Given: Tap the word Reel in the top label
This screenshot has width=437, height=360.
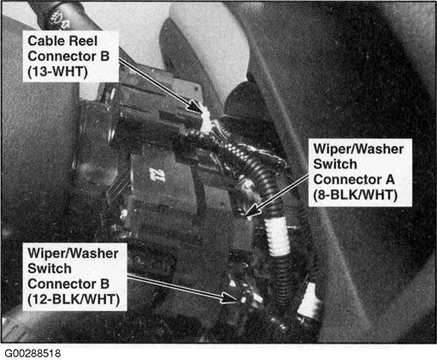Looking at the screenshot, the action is coord(83,40).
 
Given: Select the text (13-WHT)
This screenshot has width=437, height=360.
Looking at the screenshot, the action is coord(57,71).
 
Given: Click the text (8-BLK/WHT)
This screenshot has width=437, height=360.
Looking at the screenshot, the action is coord(356,195).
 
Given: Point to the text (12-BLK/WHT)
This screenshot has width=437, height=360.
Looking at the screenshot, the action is coord(74,299).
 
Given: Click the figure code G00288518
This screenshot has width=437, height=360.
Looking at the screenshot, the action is coord(33,353).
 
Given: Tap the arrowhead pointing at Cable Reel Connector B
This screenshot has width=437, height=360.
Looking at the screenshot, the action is coord(196,106).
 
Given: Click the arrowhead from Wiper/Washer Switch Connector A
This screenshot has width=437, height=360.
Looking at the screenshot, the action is coord(253,210).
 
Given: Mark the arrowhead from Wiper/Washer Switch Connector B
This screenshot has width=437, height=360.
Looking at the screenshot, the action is coord(229,298).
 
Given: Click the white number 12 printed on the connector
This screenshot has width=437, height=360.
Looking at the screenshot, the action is coord(157,175).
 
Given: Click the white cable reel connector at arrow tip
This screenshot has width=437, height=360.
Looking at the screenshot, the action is coord(207,119).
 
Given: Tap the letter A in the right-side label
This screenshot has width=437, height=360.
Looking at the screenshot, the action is coord(390,180).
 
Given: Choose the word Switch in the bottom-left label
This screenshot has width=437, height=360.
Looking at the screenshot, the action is coord(50,268).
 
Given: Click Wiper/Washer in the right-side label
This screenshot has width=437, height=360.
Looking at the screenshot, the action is coord(358,149).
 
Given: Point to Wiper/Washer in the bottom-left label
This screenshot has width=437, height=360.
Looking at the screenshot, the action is coord(73,254).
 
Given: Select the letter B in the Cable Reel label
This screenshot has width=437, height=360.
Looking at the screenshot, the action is coord(105,56).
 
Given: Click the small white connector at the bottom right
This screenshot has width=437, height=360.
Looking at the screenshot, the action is coord(309,301).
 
